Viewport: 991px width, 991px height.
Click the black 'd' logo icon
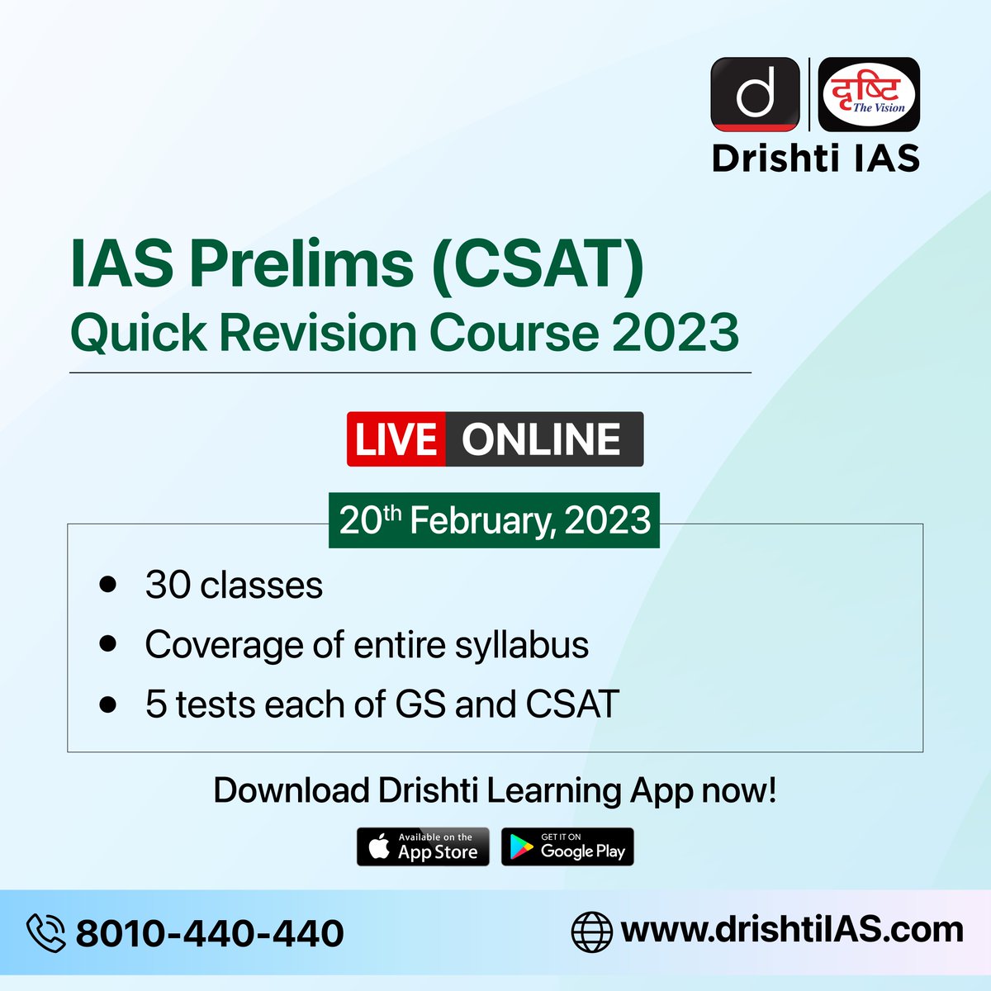coord(755,94)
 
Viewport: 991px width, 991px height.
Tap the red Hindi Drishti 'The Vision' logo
coord(867,94)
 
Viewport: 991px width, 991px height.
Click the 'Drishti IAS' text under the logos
coord(816,158)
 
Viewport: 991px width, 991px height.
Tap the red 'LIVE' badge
coord(396,439)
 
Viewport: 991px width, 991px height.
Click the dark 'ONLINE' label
coord(542,439)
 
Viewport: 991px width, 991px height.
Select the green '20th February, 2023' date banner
coord(494,520)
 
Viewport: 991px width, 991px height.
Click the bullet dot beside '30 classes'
coord(107,584)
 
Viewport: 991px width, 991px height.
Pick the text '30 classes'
coord(234,586)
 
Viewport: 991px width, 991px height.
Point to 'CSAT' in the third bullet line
coord(571,704)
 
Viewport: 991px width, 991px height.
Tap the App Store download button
coord(423,846)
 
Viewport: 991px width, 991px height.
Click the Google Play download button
coord(567,846)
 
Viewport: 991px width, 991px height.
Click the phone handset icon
coord(46,932)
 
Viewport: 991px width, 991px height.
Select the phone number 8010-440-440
coord(210,933)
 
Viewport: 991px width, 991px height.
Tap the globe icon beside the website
coord(591,932)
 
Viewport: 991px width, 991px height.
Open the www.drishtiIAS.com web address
coord(791,930)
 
